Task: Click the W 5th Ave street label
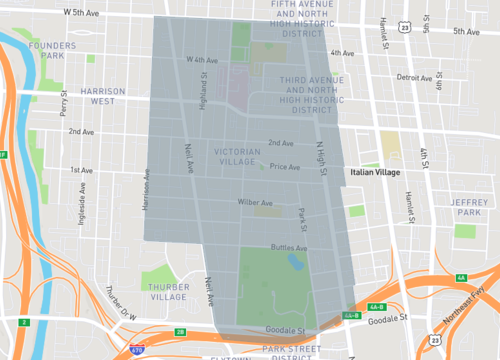coord(82,14)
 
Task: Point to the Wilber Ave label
coord(254,202)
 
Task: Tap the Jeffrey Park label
coord(467,206)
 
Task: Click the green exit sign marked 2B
coord(180,331)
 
